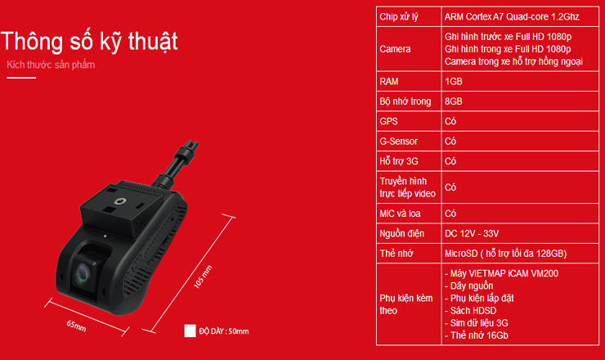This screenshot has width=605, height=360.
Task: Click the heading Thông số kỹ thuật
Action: point(89,42)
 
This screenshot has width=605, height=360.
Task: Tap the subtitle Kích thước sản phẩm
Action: point(51,65)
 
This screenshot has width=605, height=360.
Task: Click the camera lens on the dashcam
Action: point(83,273)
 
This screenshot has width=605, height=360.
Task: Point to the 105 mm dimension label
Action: point(203,277)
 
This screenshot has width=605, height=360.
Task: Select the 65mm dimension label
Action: point(76,326)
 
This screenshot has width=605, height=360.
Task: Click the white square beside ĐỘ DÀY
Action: point(190,331)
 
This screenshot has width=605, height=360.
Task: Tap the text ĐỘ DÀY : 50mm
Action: point(224,331)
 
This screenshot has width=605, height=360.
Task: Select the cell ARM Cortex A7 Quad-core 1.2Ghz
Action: point(512,16)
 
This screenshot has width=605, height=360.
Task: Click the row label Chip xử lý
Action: point(399,17)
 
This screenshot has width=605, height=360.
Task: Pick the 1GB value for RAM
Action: point(454,82)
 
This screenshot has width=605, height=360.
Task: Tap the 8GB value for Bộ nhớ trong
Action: point(454,101)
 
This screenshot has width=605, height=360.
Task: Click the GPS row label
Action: point(388,121)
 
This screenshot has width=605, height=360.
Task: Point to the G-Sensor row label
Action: point(399,142)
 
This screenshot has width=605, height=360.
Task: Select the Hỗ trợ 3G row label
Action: point(399,161)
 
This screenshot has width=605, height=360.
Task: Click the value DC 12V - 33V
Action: point(472,234)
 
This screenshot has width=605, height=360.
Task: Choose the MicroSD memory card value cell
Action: point(505,254)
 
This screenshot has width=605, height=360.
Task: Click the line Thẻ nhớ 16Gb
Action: point(476,335)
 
